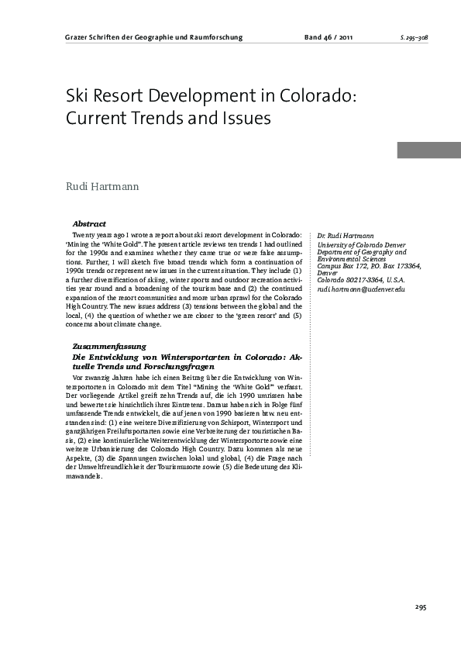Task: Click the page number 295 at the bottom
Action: coord(421,607)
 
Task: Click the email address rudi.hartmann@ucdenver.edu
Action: coord(361,288)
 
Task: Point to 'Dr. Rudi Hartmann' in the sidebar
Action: coord(346,235)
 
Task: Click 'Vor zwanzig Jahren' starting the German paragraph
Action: coord(100,377)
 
